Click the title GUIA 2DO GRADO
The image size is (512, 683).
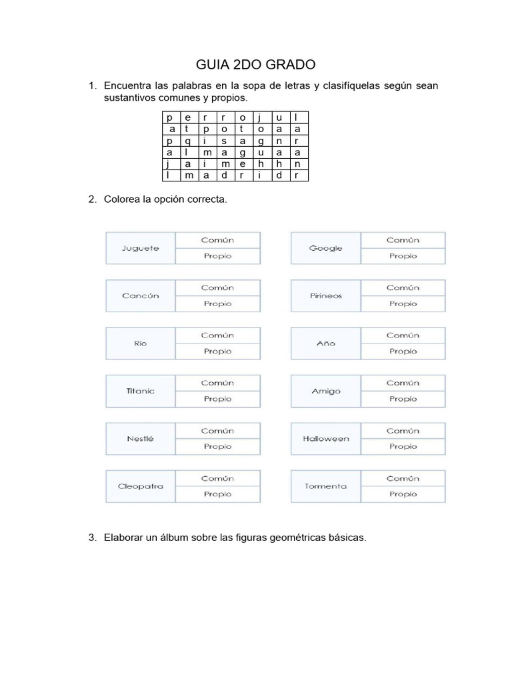(255, 65)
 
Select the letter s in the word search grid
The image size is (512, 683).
(224, 141)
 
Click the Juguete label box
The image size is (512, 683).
(141, 248)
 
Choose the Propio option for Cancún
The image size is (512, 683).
(217, 303)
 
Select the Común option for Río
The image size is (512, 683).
(217, 335)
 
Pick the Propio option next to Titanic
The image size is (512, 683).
(217, 399)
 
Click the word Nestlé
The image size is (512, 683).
(141, 439)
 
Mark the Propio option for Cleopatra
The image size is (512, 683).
(217, 494)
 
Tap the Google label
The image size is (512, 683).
(326, 248)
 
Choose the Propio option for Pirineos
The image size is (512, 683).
(403, 303)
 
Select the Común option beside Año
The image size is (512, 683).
(403, 335)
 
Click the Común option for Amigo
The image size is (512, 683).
(403, 383)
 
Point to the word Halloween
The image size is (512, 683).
(326, 439)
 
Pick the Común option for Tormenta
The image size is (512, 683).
(403, 478)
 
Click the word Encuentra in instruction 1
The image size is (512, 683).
(126, 86)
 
